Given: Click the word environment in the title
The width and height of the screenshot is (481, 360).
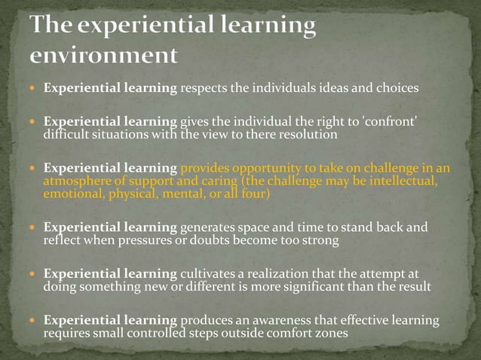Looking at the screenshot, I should coord(104,56).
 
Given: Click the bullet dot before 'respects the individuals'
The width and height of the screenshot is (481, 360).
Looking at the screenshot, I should coord(33,88).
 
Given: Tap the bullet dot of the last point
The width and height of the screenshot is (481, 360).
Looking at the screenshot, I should coord(33,321).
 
